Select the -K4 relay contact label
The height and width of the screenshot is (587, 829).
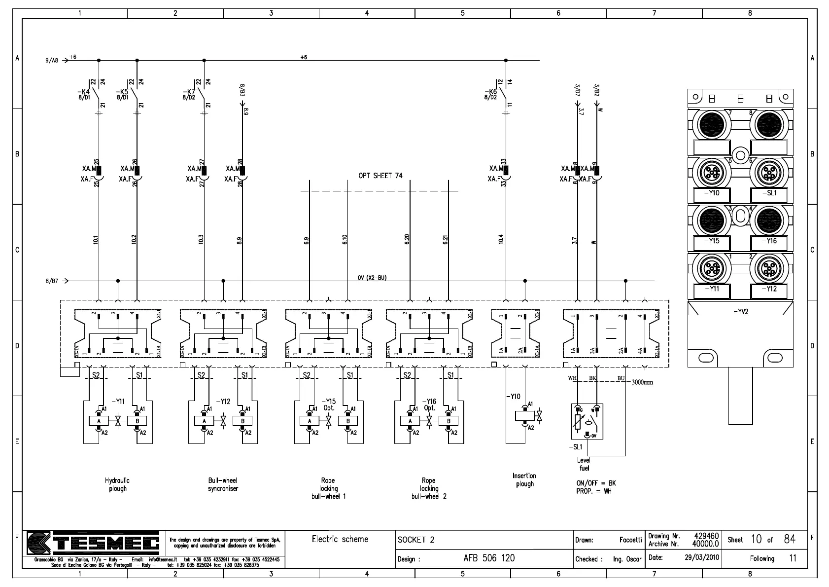pyautogui.click(x=83, y=92)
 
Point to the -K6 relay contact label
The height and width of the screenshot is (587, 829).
pyautogui.click(x=490, y=92)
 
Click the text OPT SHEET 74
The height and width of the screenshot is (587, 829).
pyautogui.click(x=380, y=176)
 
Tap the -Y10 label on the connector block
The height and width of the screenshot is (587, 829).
pyautogui.click(x=712, y=193)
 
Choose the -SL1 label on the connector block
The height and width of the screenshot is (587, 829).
pyautogui.click(x=769, y=193)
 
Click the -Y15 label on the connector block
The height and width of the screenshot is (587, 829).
pyautogui.click(x=712, y=241)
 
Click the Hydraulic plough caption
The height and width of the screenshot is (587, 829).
pyautogui.click(x=117, y=484)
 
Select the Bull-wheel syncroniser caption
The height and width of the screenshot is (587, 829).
pyautogui.click(x=223, y=484)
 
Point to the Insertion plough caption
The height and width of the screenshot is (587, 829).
pyautogui.click(x=524, y=479)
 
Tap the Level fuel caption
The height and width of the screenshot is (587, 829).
pyautogui.click(x=584, y=464)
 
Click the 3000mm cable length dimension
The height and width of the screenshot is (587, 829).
pyautogui.click(x=642, y=382)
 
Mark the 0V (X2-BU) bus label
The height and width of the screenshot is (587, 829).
pyautogui.click(x=372, y=278)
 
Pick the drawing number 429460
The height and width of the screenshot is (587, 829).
pyautogui.click(x=706, y=536)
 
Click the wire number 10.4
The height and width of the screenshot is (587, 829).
pyautogui.click(x=501, y=239)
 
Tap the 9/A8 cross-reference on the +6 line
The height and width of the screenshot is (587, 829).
pyautogui.click(x=52, y=61)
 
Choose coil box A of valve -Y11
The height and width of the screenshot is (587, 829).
pyautogui.click(x=99, y=421)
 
